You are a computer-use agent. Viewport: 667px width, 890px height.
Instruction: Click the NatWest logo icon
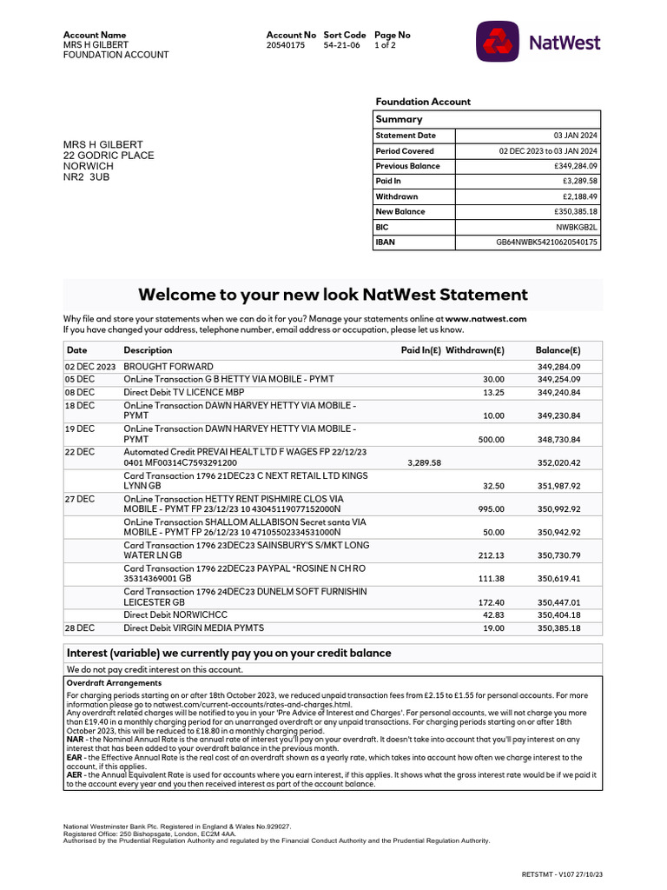pyautogui.click(x=498, y=42)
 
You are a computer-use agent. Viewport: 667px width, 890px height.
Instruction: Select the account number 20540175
pyautogui.click(x=286, y=45)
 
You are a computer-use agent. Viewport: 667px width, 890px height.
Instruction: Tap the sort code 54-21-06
pyautogui.click(x=341, y=45)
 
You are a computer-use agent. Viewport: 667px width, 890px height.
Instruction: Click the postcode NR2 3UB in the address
pyautogui.click(x=87, y=177)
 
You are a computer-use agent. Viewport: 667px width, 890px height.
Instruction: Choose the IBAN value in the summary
pyautogui.click(x=546, y=242)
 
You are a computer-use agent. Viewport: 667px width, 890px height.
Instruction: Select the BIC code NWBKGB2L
pyautogui.click(x=577, y=228)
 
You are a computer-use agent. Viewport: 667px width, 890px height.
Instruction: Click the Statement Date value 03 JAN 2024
pyautogui.click(x=576, y=136)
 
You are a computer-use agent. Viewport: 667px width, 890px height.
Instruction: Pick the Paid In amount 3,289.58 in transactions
pyautogui.click(x=424, y=463)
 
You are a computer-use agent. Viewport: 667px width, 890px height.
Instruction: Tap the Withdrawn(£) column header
pyautogui.click(x=474, y=350)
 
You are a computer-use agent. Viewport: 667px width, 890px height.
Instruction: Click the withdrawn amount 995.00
pyautogui.click(x=490, y=509)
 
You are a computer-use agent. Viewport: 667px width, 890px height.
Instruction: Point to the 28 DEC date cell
pyautogui.click(x=79, y=628)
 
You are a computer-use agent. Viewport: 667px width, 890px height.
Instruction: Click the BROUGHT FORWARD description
pyautogui.click(x=168, y=367)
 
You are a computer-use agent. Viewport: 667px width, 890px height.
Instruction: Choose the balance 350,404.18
pyautogui.click(x=558, y=614)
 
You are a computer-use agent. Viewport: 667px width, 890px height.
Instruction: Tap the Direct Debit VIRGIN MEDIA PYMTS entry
pyautogui.click(x=193, y=628)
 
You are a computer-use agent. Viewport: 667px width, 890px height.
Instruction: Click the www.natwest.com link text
pyautogui.click(x=485, y=319)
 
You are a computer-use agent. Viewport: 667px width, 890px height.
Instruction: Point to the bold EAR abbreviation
pyautogui.click(x=74, y=758)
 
